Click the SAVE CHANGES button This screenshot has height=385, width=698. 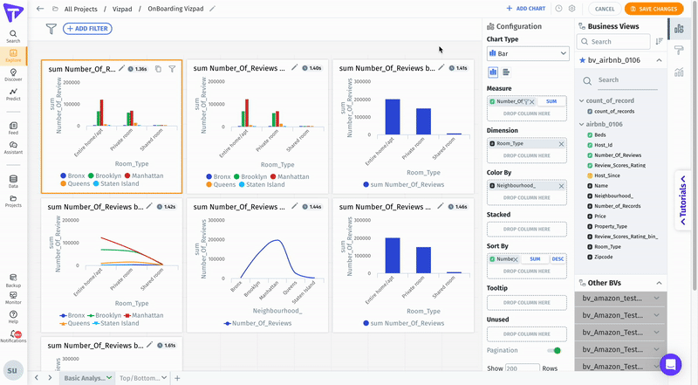click(653, 9)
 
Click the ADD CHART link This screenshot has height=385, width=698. click(526, 9)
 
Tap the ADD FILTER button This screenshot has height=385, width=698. click(87, 29)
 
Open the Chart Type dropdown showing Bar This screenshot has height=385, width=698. click(528, 53)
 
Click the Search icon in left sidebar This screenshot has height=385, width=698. click(13, 36)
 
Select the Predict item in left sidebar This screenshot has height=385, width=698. click(13, 95)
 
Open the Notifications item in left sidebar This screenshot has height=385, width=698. click(13, 336)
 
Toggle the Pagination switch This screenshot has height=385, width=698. click(554, 350)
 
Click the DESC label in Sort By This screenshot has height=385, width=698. click(558, 259)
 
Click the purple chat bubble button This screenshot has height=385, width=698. click(670, 364)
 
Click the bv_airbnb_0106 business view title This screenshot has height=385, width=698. click(614, 59)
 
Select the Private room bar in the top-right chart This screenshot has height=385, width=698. click(423, 121)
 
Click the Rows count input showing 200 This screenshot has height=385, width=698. click(522, 368)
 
